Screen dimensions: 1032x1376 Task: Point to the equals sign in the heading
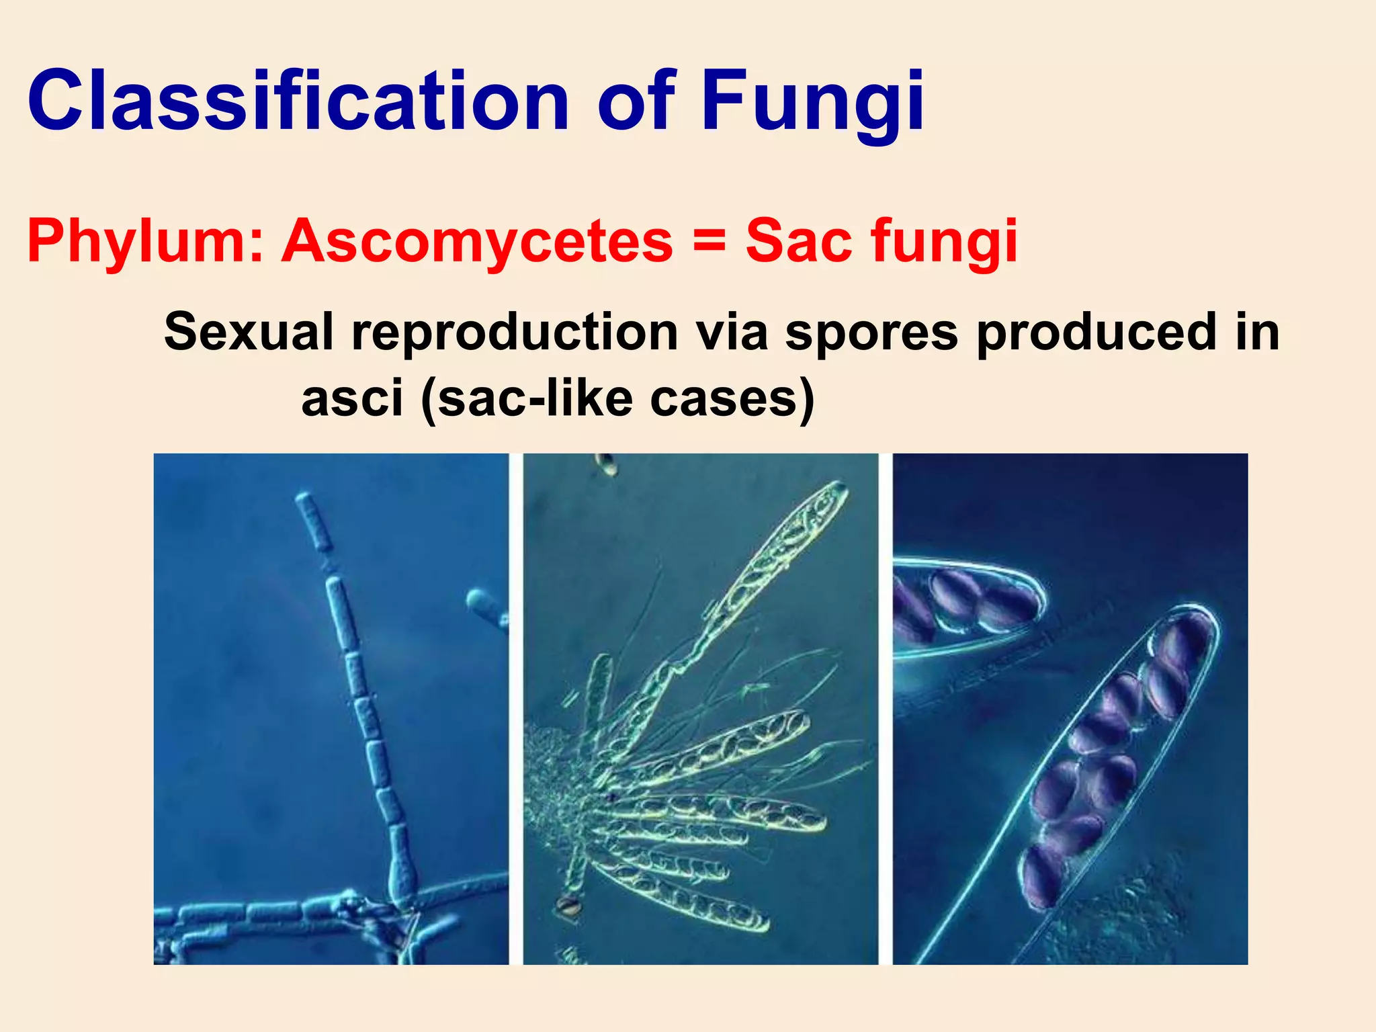click(x=709, y=241)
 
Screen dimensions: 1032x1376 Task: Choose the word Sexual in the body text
click(x=249, y=332)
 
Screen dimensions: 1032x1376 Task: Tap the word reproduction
click(x=515, y=332)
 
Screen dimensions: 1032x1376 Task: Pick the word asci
click(x=352, y=398)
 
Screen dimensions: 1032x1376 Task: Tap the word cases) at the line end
click(x=732, y=398)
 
